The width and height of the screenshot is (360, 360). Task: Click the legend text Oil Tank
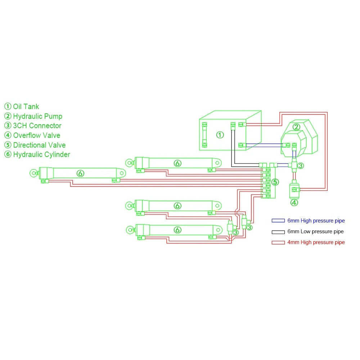point(26,107)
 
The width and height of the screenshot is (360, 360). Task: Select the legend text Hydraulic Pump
point(37,116)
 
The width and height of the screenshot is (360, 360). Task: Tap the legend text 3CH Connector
point(37,126)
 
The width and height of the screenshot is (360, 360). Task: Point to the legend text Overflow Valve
point(36,135)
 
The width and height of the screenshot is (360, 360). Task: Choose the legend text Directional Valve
point(39,145)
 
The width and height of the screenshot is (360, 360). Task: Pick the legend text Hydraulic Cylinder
point(41,154)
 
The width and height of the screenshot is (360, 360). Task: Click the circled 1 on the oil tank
point(220,135)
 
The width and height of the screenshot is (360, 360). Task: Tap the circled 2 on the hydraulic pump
point(296,127)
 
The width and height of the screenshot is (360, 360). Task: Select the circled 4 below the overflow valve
point(294,202)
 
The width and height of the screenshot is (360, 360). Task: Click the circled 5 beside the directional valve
point(275,182)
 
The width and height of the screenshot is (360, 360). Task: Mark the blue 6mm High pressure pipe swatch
point(278,221)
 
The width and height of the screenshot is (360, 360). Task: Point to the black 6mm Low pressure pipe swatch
point(278,231)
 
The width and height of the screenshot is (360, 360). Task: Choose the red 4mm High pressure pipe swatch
point(278,242)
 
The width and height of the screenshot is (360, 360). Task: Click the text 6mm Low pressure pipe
point(315,231)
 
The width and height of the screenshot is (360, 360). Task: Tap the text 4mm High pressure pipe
point(316,242)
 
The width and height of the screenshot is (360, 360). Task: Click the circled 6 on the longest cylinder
point(80,174)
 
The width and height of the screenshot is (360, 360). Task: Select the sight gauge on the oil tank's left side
point(204,135)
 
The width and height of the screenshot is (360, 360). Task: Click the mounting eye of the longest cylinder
point(33,174)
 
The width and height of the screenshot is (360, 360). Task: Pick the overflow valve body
point(294,189)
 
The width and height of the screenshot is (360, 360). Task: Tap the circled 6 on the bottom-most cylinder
point(177,230)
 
